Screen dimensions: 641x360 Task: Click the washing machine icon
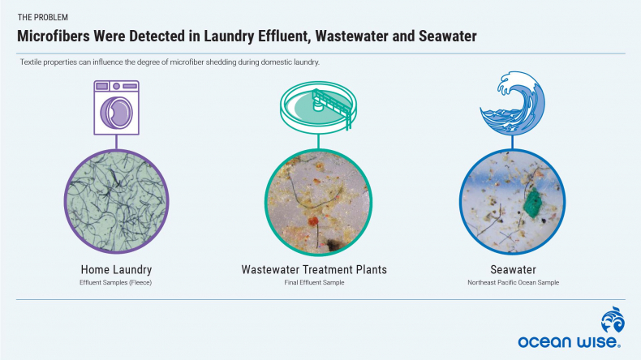pyautogui.click(x=117, y=108)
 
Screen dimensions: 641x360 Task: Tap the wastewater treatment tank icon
pyautogui.click(x=318, y=105)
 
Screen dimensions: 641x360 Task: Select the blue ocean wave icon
pyautogui.click(x=512, y=103)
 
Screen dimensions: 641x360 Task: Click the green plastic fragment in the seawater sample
pyautogui.click(x=532, y=202)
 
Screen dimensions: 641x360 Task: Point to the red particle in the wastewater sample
pyautogui.click(x=313, y=221)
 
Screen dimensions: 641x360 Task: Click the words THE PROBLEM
pyautogui.click(x=42, y=17)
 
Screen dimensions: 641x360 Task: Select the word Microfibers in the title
pyautogui.click(x=53, y=36)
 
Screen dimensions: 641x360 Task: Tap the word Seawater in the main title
pyautogui.click(x=448, y=36)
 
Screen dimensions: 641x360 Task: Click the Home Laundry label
pyautogui.click(x=116, y=270)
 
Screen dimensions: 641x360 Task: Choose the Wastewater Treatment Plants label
pyautogui.click(x=314, y=270)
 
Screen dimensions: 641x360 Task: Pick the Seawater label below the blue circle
pyautogui.click(x=513, y=270)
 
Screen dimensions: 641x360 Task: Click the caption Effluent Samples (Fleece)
pyautogui.click(x=116, y=282)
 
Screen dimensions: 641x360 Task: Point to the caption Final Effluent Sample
pyautogui.click(x=314, y=282)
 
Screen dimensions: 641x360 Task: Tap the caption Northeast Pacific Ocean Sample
pyautogui.click(x=513, y=282)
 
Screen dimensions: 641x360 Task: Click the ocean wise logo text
pyautogui.click(x=569, y=341)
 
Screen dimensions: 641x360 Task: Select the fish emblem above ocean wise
pyautogui.click(x=613, y=319)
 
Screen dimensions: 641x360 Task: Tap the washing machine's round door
pyautogui.click(x=117, y=113)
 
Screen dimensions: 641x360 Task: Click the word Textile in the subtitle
pyautogui.click(x=30, y=62)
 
